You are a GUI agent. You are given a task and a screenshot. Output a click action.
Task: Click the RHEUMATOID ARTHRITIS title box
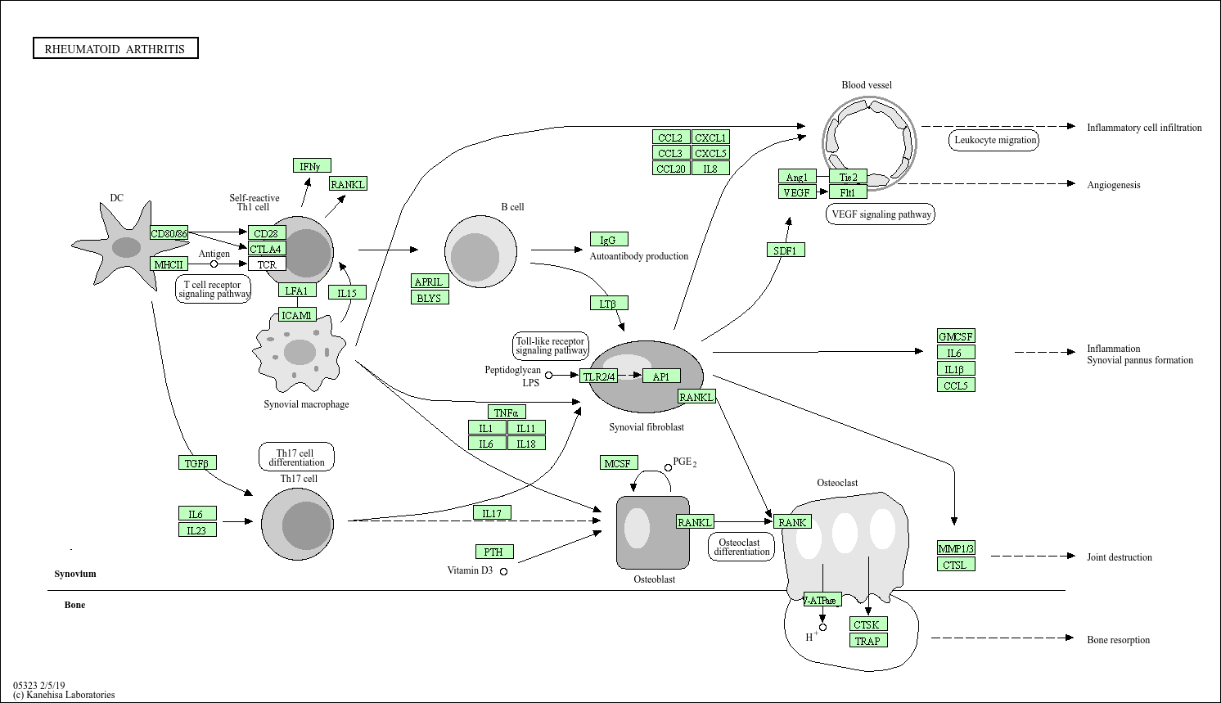[x=115, y=48]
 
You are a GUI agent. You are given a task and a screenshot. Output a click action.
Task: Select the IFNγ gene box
[x=312, y=166]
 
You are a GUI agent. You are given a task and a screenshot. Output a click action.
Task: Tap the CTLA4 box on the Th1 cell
[x=267, y=249]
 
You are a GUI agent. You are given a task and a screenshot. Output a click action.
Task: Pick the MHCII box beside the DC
[x=169, y=264]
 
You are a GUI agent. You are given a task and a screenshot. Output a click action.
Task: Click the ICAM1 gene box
[x=297, y=315]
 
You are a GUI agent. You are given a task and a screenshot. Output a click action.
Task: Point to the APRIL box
[x=430, y=282]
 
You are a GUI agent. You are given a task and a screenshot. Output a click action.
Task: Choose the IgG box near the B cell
[x=609, y=239]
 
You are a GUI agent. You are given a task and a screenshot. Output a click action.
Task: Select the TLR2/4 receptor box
[x=598, y=376]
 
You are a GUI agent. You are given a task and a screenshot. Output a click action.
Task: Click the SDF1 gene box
[x=786, y=250]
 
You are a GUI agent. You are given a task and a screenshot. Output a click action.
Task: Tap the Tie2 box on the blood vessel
[x=848, y=177]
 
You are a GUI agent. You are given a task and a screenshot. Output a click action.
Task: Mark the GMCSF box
[x=956, y=336]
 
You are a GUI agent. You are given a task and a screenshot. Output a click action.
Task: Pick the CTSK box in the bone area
[x=867, y=624]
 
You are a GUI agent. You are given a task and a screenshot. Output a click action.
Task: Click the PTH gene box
[x=494, y=552]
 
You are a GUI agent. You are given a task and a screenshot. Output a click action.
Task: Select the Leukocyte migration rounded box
[x=994, y=140]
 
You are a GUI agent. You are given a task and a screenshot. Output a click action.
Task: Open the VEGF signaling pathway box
[x=881, y=214]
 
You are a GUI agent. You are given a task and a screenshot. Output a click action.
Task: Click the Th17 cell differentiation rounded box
[x=296, y=457]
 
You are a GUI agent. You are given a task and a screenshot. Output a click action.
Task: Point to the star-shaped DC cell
[x=125, y=246]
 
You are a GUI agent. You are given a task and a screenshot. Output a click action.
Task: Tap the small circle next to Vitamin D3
[x=504, y=571]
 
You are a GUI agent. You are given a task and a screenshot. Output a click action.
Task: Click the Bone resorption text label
[x=1118, y=640]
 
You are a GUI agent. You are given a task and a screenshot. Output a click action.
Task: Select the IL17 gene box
[x=492, y=513]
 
